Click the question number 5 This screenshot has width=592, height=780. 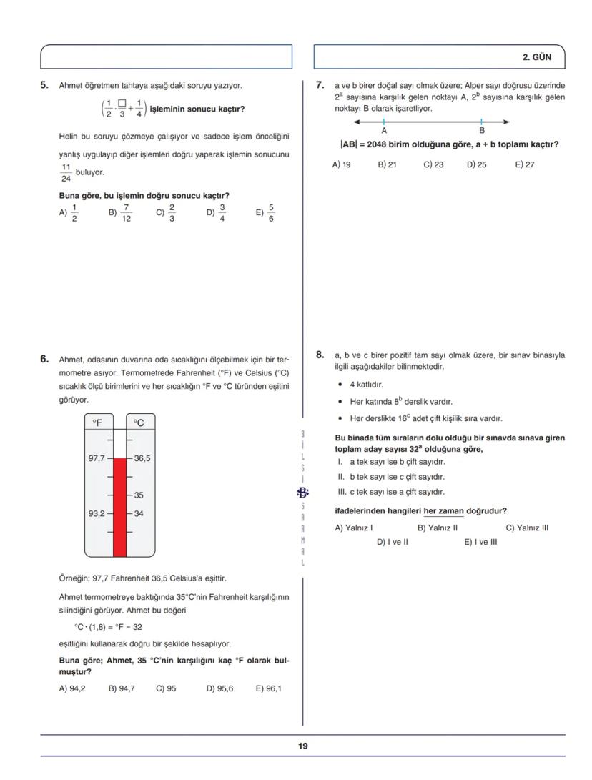pos(44,86)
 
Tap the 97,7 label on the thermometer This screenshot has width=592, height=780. pos(97,458)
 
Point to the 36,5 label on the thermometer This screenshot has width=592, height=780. pos(142,458)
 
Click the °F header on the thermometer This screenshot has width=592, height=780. pos(97,423)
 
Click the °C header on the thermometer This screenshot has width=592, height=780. pos(139,423)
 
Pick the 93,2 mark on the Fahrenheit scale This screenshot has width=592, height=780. pos(97,513)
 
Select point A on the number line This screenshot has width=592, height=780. pos(384,122)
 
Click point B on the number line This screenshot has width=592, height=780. pos(481,122)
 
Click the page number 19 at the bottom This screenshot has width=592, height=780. pos(303,746)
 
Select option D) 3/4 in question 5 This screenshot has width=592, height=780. pos(217,212)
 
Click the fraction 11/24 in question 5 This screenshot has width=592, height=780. pos(66,173)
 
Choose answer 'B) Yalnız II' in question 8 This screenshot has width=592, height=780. pos(437,528)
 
